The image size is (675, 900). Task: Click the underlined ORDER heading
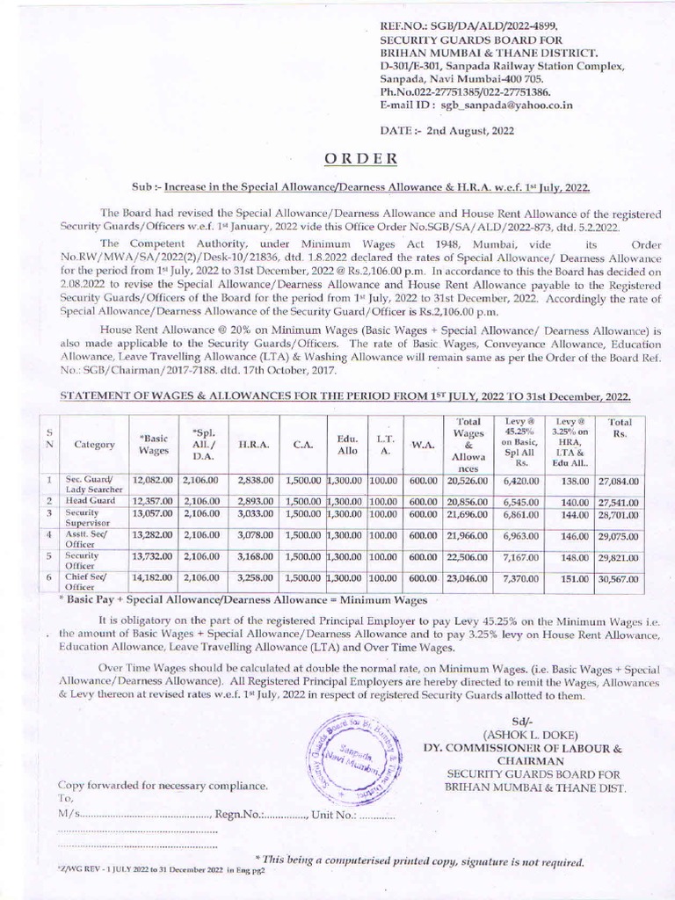361,158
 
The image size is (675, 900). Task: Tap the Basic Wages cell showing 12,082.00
152,482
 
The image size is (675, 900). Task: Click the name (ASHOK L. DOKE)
522,735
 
